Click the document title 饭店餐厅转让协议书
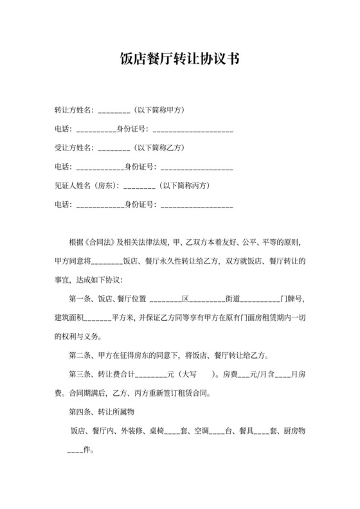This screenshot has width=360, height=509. coord(179,60)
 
